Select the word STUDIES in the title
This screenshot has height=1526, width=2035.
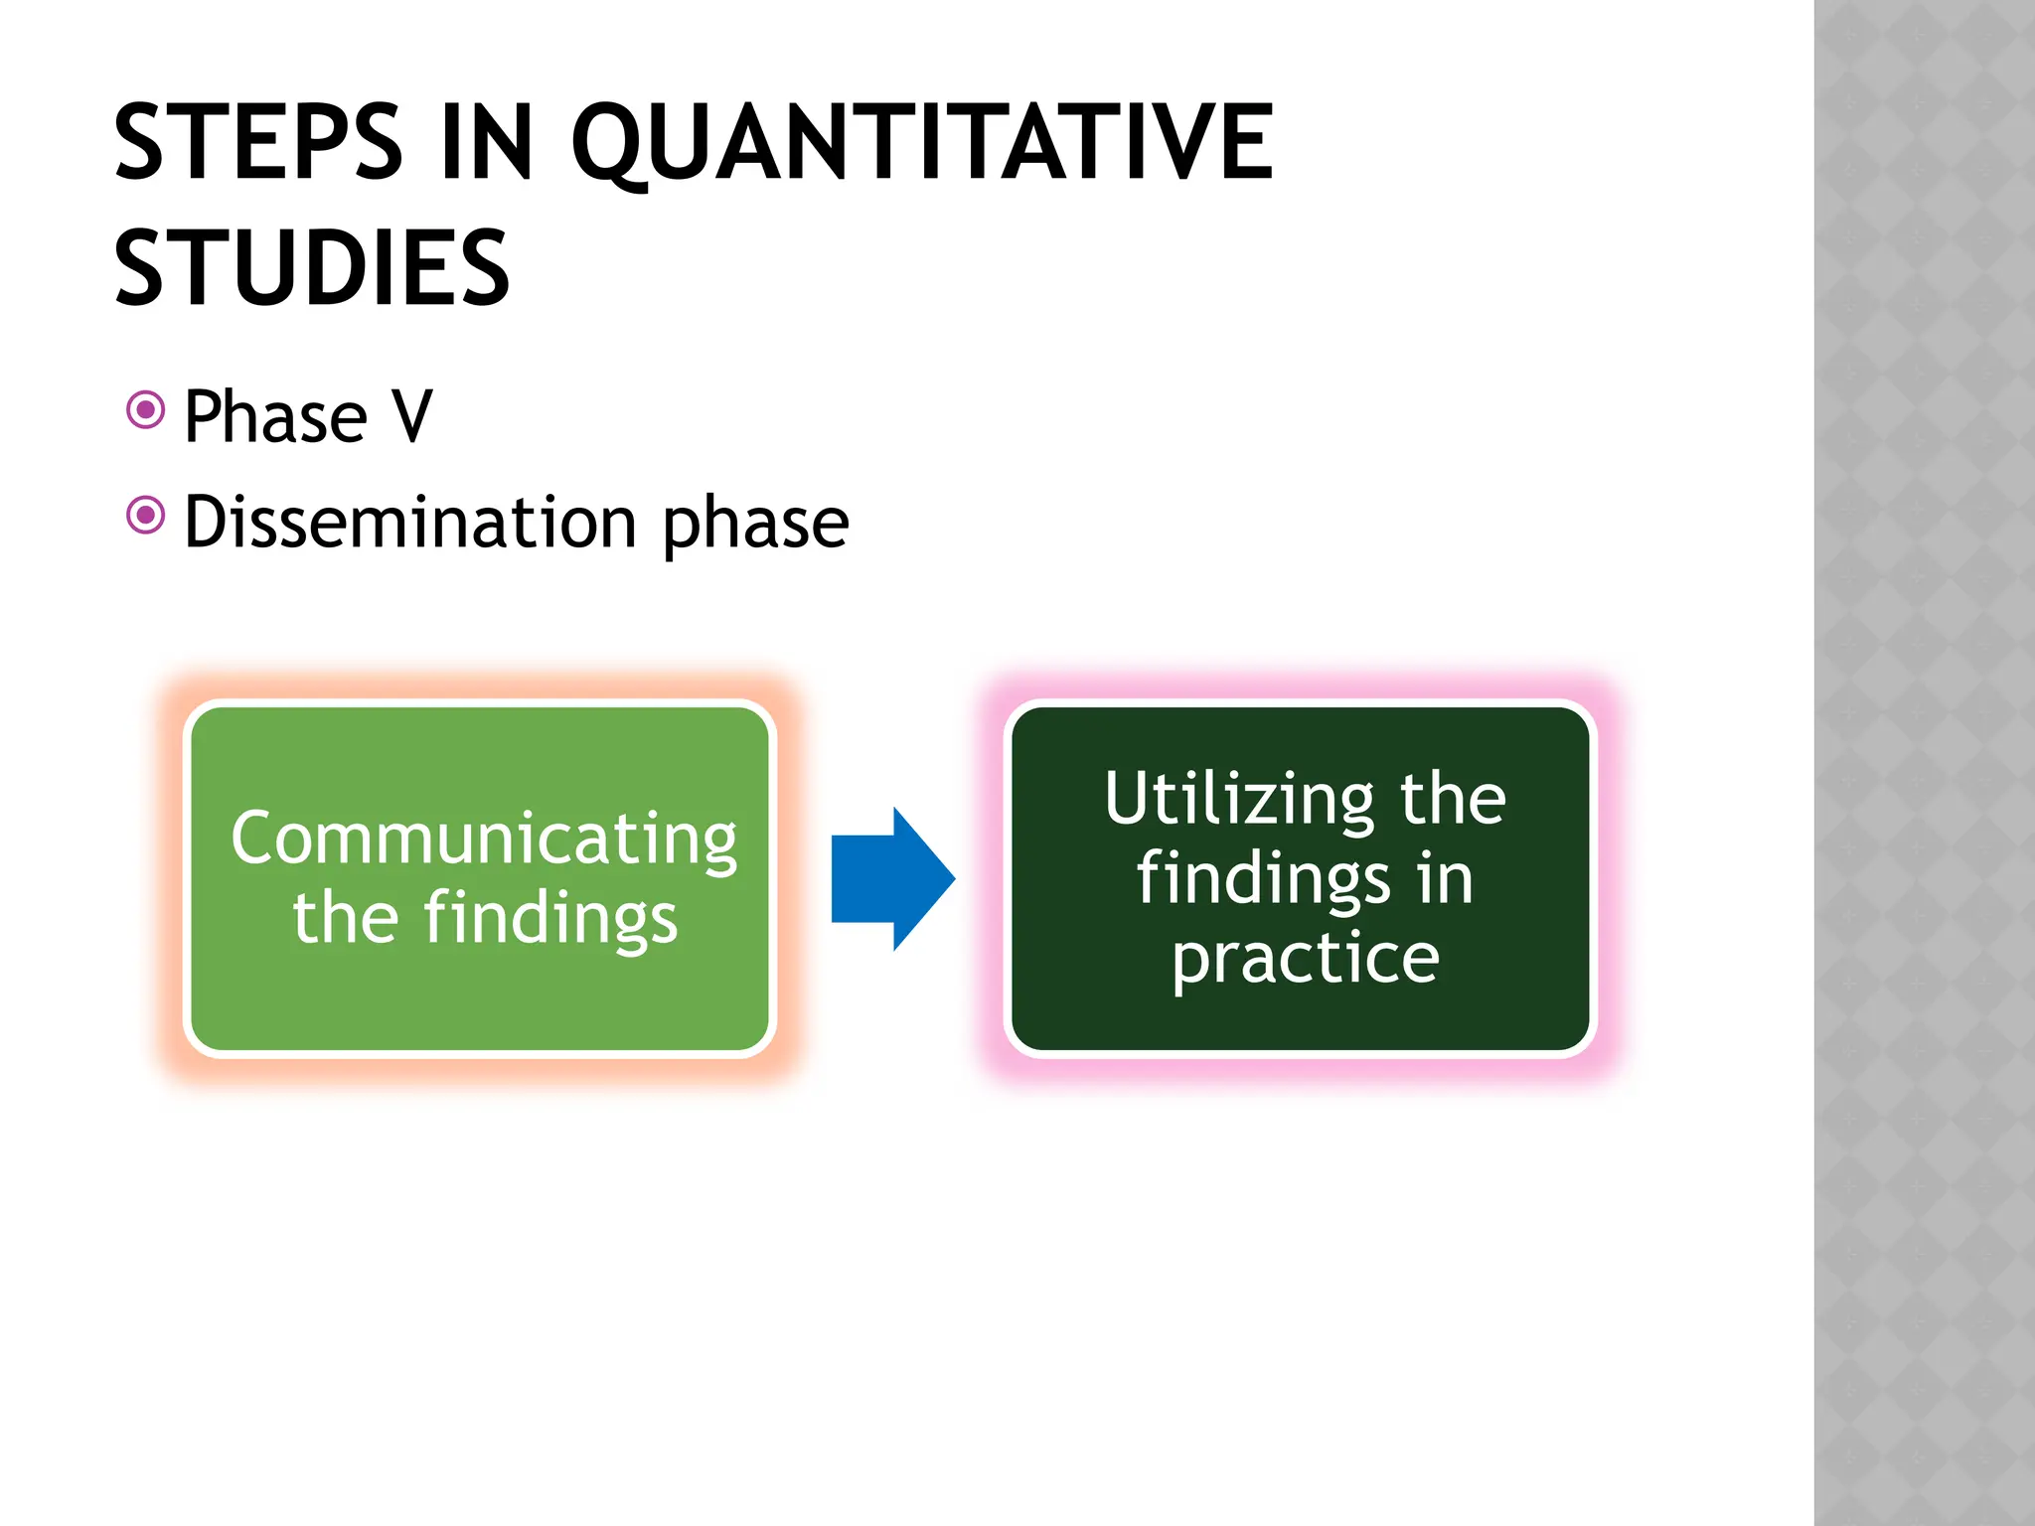[312, 268]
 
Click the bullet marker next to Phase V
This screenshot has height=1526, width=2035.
[145, 409]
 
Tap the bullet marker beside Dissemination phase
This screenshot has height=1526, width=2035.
[145, 515]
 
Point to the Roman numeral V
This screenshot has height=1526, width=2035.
[411, 417]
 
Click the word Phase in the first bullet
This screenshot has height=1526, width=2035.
[275, 417]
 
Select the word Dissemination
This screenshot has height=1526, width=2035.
[409, 523]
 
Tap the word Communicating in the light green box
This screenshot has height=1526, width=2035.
[484, 839]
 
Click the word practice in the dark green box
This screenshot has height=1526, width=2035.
[1305, 960]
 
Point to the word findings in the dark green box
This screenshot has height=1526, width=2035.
[1263, 879]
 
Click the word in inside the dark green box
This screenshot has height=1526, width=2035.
[1445, 879]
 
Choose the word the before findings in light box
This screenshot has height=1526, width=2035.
[345, 918]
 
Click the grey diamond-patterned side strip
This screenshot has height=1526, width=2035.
[1924, 763]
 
